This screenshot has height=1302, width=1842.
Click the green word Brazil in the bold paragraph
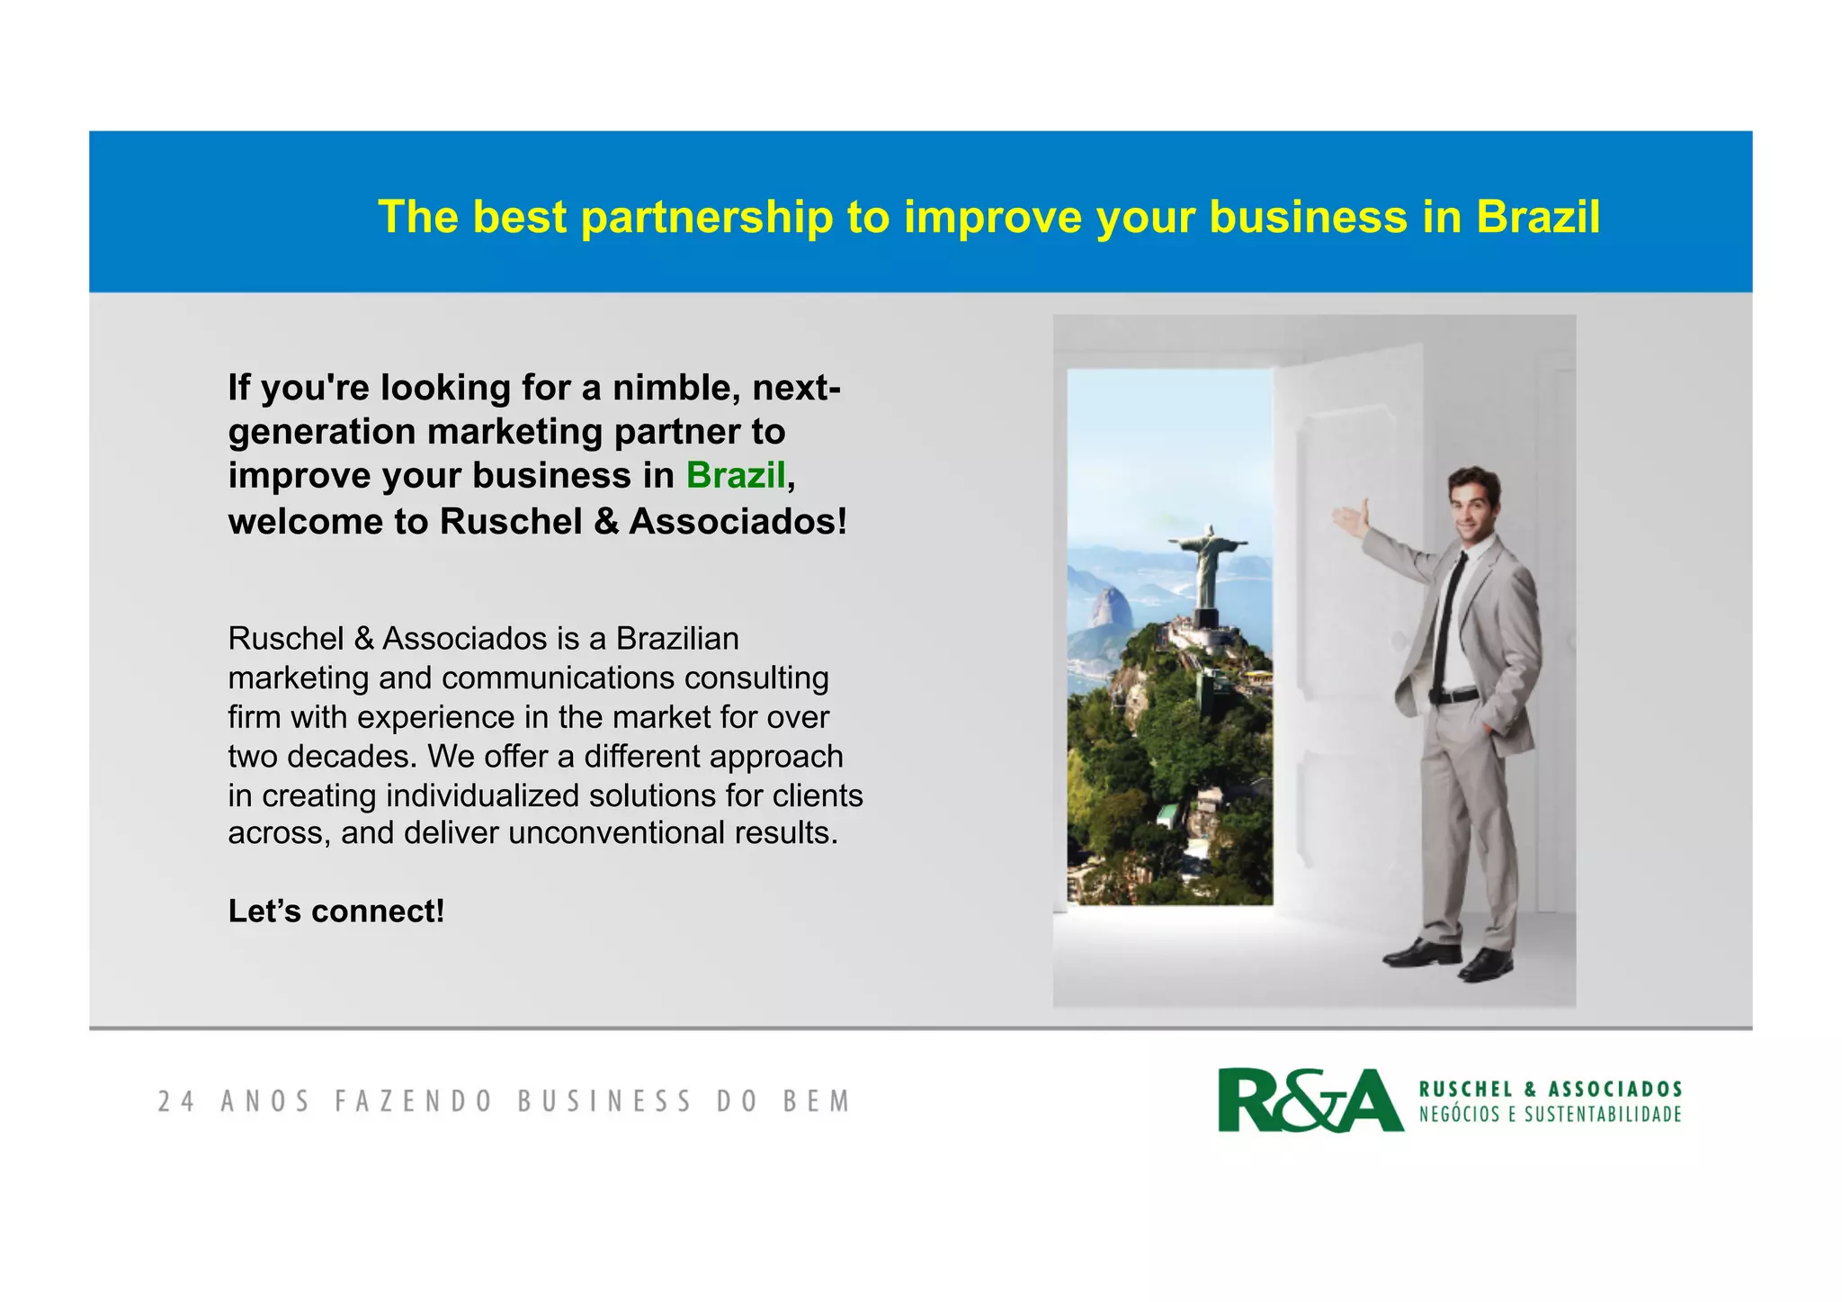pos(736,475)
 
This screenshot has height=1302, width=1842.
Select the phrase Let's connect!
pos(336,911)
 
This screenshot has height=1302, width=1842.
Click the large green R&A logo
pos(1310,1100)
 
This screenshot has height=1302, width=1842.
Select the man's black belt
pos(1453,696)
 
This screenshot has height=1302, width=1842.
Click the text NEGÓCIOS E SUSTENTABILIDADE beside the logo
pos(1550,1115)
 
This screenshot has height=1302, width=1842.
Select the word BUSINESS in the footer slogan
pos(604,1101)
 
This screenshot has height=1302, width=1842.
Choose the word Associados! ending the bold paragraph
pos(738,521)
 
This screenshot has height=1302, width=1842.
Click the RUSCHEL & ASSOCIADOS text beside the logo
pos(1550,1089)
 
